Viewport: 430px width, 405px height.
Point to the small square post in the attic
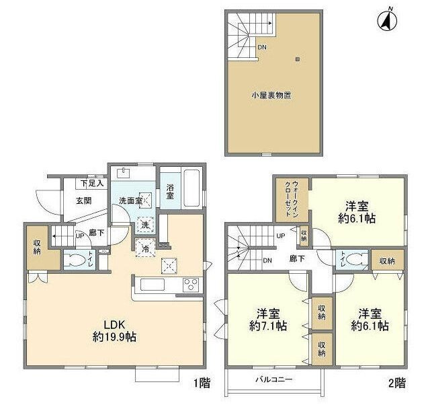click(296, 59)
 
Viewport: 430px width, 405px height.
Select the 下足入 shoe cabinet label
click(93, 183)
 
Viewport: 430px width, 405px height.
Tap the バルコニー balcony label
click(273, 379)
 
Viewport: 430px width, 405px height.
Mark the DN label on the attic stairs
click(263, 47)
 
